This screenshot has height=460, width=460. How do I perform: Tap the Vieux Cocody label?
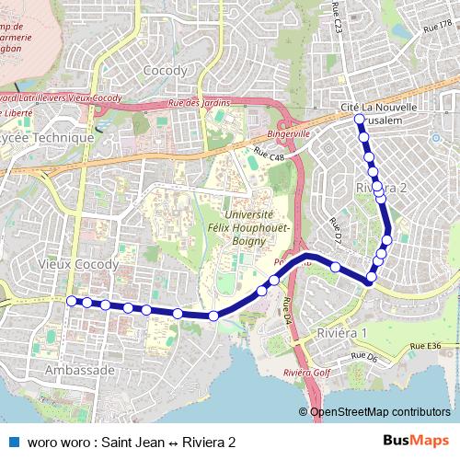[x=79, y=264]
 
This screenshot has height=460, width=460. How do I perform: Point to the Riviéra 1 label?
[x=341, y=332]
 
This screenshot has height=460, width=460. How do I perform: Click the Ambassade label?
[x=79, y=370]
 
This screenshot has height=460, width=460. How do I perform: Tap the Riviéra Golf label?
[x=306, y=373]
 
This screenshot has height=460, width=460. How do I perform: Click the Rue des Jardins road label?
[x=199, y=103]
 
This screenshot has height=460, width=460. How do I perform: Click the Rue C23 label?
[x=338, y=21]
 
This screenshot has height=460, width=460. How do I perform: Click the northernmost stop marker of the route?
[x=359, y=119]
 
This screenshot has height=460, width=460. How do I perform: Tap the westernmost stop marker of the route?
[x=72, y=300]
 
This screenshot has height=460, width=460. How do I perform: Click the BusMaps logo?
[x=409, y=442]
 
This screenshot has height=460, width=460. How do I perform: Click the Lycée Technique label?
[x=48, y=138]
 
